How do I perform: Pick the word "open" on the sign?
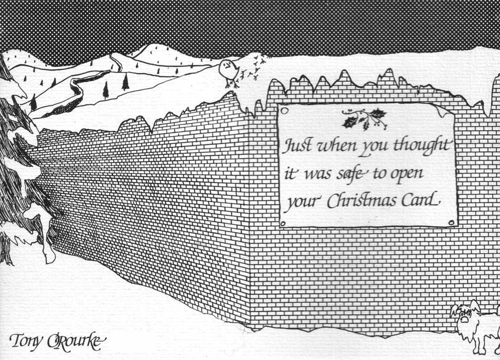[408, 174]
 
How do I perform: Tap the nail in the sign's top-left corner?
[285, 111]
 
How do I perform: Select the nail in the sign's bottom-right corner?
[451, 222]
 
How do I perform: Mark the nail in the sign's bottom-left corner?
[283, 224]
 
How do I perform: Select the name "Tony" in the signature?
[26, 341]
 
